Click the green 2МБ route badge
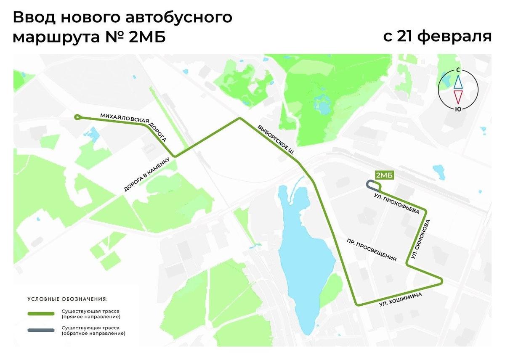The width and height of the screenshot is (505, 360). pyautogui.click(x=384, y=176)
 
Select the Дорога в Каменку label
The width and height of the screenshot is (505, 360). pyautogui.click(x=146, y=174)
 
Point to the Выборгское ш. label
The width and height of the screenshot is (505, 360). pyautogui.click(x=276, y=140)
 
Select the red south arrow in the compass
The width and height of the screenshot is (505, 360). pyautogui.click(x=457, y=97)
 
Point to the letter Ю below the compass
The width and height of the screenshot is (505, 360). pyautogui.click(x=457, y=109)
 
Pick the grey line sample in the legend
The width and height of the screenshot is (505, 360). pyautogui.click(x=41, y=330)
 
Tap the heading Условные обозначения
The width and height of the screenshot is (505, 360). pyautogui.click(x=67, y=299)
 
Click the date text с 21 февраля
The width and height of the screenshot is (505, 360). pyautogui.click(x=437, y=36)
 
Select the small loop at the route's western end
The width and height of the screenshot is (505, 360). pyautogui.click(x=77, y=118)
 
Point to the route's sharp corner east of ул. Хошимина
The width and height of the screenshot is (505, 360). pyautogui.click(x=441, y=281)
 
